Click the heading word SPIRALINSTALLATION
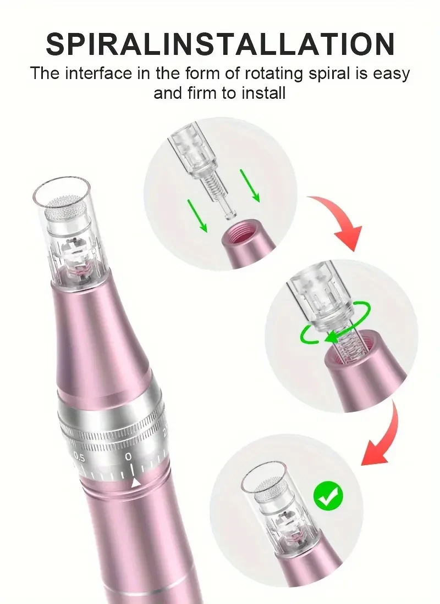coord(220,44)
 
